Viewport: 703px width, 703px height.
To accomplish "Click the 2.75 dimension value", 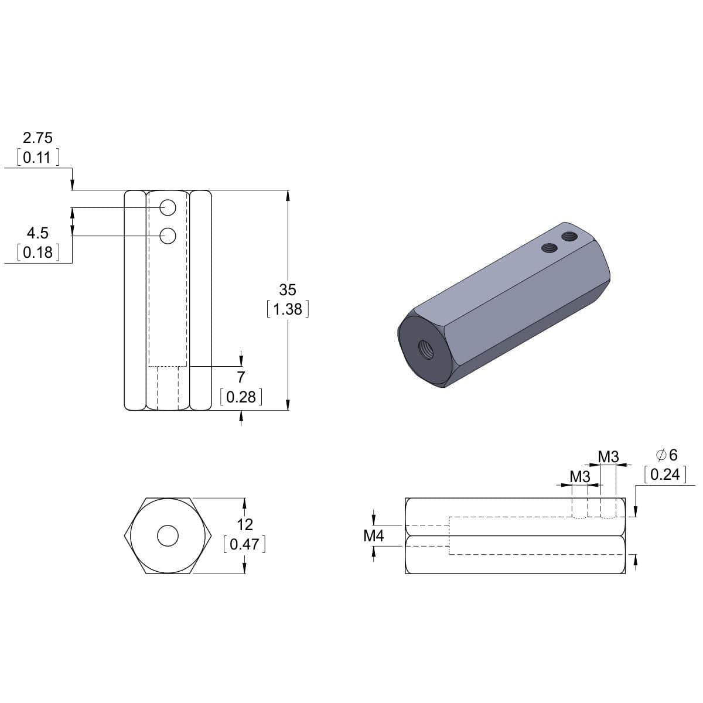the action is point(37,138).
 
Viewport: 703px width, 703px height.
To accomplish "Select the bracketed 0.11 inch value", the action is point(37,158).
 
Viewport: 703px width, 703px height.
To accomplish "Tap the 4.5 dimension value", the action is point(37,233).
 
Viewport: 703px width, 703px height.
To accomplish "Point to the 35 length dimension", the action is point(288,289).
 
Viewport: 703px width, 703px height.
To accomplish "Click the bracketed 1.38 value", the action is point(288,309).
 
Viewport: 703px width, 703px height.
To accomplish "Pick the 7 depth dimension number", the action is point(241,377).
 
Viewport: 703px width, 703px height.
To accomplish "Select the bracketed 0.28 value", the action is point(241,397).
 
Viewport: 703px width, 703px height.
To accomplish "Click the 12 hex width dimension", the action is point(245,525).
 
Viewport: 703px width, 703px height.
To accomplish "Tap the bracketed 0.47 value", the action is point(244,544).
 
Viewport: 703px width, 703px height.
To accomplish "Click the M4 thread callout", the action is point(374,536).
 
